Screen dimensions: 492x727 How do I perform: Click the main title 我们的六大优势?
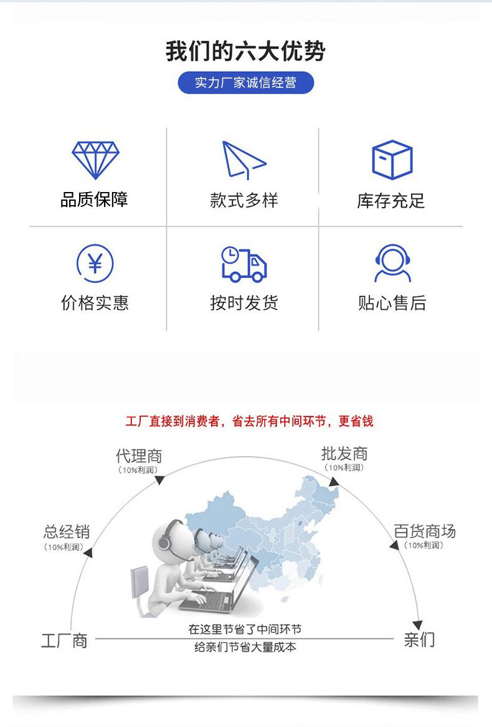(x=245, y=51)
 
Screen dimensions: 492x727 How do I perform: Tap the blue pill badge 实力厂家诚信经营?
(x=245, y=83)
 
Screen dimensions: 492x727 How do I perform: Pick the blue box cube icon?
(x=392, y=160)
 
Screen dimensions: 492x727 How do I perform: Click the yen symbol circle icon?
(x=95, y=264)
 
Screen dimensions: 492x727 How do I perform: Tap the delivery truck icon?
(x=244, y=264)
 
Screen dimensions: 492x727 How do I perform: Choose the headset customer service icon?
(x=393, y=263)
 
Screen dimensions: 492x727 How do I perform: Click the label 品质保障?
(x=94, y=200)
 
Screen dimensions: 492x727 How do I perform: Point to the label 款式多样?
(x=244, y=200)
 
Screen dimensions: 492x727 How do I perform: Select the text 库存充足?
(x=391, y=201)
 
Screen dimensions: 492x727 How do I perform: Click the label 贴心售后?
(x=392, y=303)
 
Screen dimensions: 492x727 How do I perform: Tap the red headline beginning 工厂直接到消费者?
(x=249, y=421)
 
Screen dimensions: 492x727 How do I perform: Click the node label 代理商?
(x=139, y=456)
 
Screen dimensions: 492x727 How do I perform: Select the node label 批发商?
(x=344, y=453)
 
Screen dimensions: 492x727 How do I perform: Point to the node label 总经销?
(x=67, y=531)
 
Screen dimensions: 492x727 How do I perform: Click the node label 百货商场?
(x=425, y=531)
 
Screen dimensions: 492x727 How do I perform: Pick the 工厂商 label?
(x=64, y=641)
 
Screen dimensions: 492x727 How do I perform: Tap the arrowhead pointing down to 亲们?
(x=418, y=624)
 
